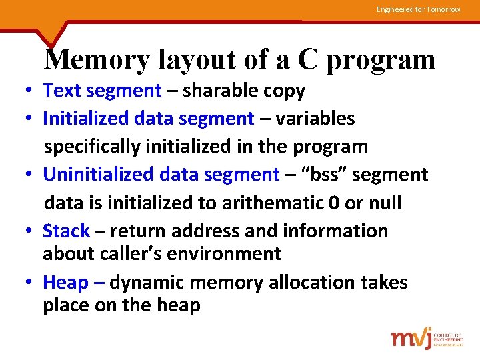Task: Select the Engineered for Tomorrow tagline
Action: pos(418,9)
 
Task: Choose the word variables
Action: pos(315,119)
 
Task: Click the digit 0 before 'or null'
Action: pos(334,203)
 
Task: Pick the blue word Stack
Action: pos(66,231)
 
